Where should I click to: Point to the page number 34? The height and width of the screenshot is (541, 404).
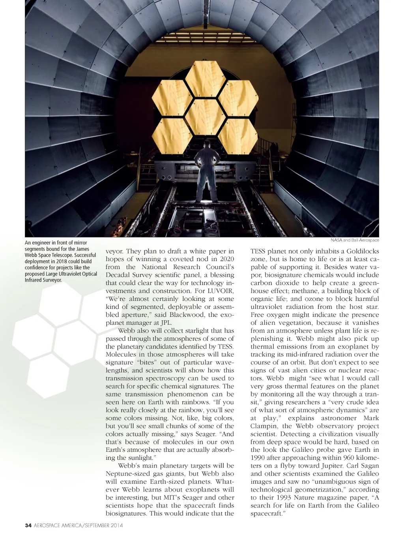click(x=28, y=525)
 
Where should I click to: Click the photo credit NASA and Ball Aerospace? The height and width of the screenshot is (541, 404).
click(x=355, y=240)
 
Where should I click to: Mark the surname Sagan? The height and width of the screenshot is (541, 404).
click(x=368, y=466)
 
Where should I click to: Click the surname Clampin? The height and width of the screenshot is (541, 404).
click(x=263, y=426)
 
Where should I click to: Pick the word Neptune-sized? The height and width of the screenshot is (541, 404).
click(x=126, y=474)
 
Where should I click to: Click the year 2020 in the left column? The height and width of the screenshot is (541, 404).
click(x=225, y=259)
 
